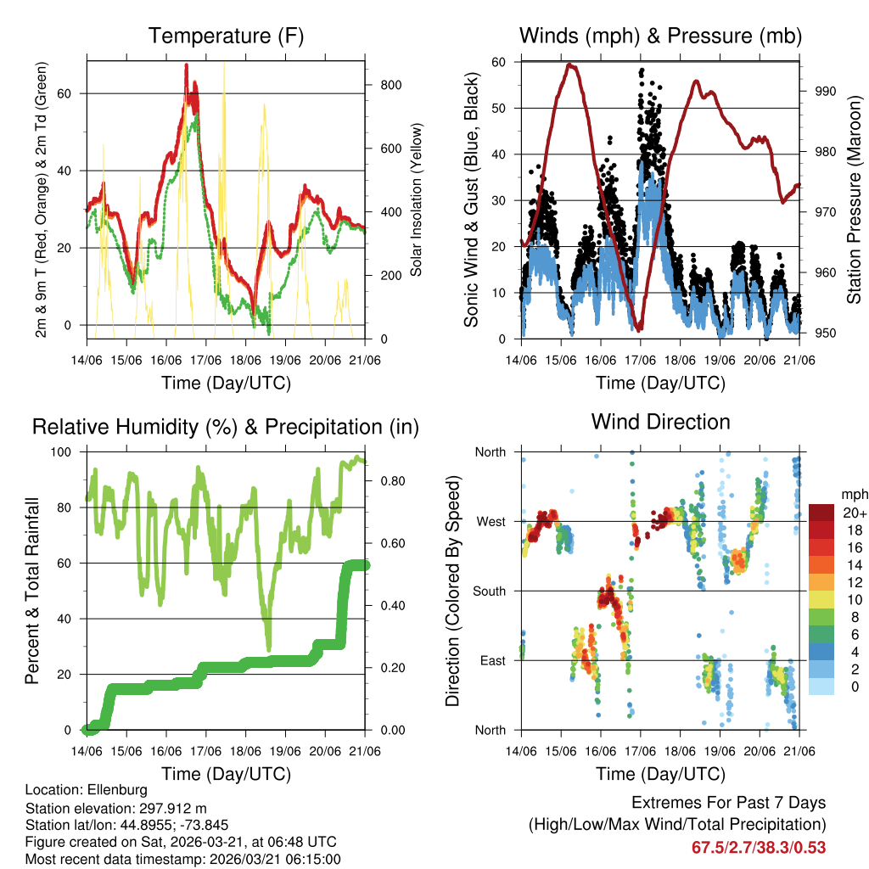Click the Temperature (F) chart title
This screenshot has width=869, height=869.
click(226, 36)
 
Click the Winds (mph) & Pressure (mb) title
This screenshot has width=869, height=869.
click(661, 36)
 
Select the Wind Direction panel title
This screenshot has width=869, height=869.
click(660, 422)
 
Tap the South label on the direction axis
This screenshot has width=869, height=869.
click(490, 591)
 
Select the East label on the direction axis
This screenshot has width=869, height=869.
click(493, 660)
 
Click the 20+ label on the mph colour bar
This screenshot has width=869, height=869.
click(854, 513)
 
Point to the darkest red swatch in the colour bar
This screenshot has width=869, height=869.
click(822, 513)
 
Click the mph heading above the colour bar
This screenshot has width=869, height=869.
click(853, 494)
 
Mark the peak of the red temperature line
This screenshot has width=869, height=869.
click(186, 65)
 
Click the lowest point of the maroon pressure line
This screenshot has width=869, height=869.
click(639, 329)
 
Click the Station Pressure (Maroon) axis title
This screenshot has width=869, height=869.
click(854, 200)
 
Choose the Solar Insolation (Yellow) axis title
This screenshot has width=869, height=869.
click(417, 200)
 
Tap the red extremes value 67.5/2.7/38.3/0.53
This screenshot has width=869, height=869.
click(759, 847)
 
